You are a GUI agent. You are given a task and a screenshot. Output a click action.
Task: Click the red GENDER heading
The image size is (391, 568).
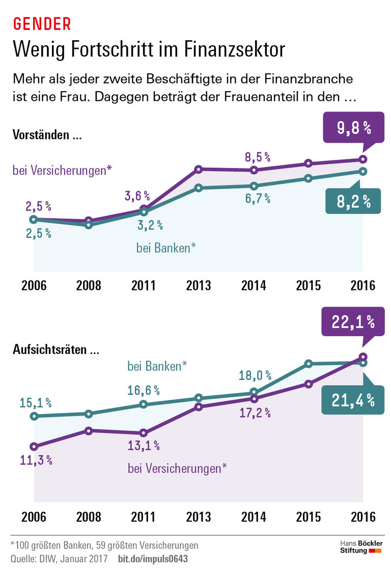[x=41, y=23]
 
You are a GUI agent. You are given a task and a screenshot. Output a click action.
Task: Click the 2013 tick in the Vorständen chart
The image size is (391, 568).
[x=199, y=285]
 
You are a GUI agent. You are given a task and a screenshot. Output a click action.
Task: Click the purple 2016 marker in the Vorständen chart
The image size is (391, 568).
[x=363, y=159]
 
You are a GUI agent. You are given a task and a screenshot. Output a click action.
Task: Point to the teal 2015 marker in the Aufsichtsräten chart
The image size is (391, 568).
[x=309, y=364]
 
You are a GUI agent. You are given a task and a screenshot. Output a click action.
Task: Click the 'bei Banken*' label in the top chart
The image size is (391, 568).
[x=166, y=248]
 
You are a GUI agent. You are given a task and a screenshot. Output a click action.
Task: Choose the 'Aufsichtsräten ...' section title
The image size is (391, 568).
[x=55, y=350]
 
